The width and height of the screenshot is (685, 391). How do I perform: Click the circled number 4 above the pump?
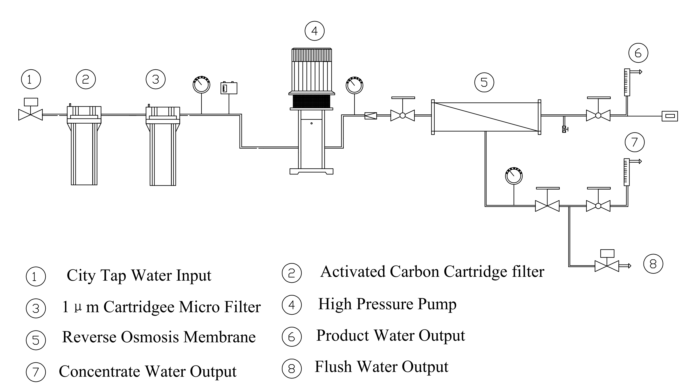[x=314, y=31]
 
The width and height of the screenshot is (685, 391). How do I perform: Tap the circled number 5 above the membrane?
[x=484, y=82]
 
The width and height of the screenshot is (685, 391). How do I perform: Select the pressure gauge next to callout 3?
[x=201, y=85]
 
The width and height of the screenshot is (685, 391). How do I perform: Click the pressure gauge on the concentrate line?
[x=514, y=176]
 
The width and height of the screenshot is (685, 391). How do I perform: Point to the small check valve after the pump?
[x=370, y=116]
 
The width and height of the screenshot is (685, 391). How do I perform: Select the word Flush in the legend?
[x=333, y=367]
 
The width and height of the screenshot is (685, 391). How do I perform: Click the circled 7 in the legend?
[x=36, y=372]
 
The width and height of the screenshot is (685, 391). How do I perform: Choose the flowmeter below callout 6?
[x=627, y=82]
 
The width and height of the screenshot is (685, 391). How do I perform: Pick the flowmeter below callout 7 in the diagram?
[x=626, y=172]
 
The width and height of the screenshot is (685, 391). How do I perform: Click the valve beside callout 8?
[x=607, y=266]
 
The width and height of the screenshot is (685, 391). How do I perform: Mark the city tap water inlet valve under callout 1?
[x=30, y=114]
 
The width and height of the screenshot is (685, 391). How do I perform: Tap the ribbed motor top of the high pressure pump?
[x=312, y=70]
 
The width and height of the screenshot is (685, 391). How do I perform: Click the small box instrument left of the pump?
[x=229, y=88]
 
